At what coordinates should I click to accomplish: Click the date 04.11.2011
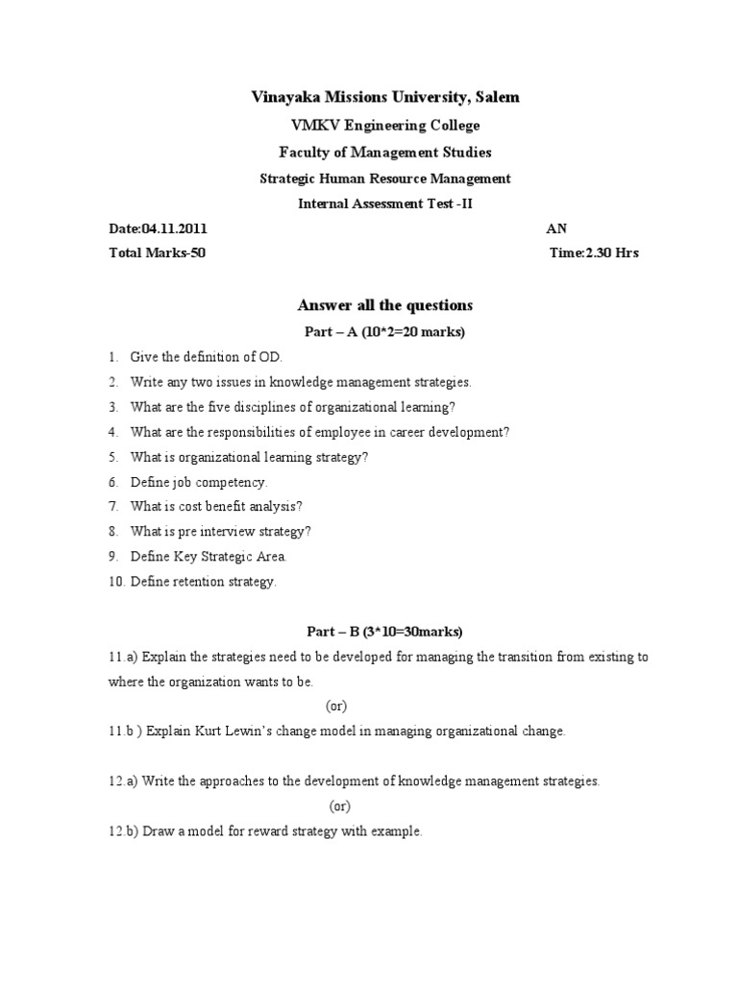(x=174, y=228)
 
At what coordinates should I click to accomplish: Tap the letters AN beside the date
(x=555, y=228)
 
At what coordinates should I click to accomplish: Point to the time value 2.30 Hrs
(x=610, y=253)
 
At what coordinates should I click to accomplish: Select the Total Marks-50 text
(x=157, y=253)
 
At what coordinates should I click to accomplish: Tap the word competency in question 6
(x=233, y=482)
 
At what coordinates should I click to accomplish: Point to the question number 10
(x=115, y=582)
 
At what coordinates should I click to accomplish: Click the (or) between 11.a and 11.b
(x=336, y=707)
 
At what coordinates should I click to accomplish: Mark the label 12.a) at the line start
(x=124, y=781)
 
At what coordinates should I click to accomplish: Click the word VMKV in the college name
(x=311, y=126)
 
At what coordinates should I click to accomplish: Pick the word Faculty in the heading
(x=305, y=152)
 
